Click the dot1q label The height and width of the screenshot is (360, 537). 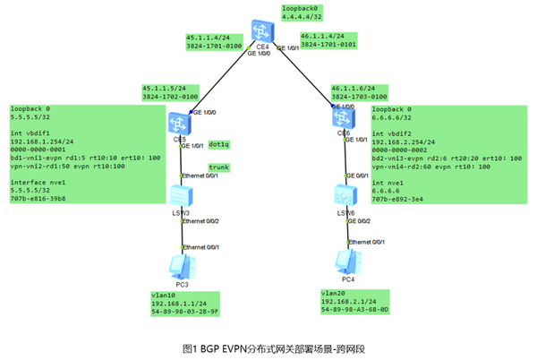[218, 143]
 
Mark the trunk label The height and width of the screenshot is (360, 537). [218, 167]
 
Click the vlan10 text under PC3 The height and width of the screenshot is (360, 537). [165, 296]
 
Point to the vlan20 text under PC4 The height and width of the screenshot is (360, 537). [334, 293]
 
